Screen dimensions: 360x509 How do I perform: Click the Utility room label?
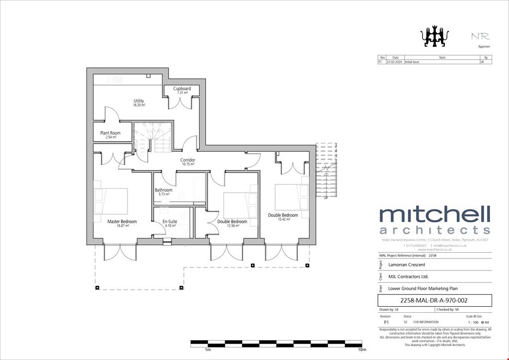pyautogui.click(x=139, y=101)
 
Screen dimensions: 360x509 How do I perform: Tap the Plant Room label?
pyautogui.click(x=110, y=133)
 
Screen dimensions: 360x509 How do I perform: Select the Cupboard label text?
pyautogui.click(x=182, y=89)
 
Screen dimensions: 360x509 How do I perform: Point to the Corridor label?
pyautogui.click(x=187, y=160)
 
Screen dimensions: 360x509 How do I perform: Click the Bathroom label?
pyautogui.click(x=164, y=190)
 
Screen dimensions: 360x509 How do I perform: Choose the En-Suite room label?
pyautogui.click(x=170, y=222)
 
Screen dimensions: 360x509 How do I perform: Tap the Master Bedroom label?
pyautogui.click(x=122, y=222)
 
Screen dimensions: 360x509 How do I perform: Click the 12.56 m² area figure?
pyautogui.click(x=233, y=226)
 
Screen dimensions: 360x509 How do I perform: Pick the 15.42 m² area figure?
pyautogui.click(x=283, y=219)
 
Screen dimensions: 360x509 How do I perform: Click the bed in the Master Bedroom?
pyautogui.click(x=111, y=201)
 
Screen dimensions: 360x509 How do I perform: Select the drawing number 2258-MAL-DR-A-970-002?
pyautogui.click(x=434, y=300)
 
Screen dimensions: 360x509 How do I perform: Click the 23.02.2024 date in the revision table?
pyautogui.click(x=395, y=63)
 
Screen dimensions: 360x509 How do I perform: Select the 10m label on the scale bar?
pyautogui.click(x=362, y=350)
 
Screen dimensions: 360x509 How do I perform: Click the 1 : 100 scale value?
pyautogui.click(x=472, y=322)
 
